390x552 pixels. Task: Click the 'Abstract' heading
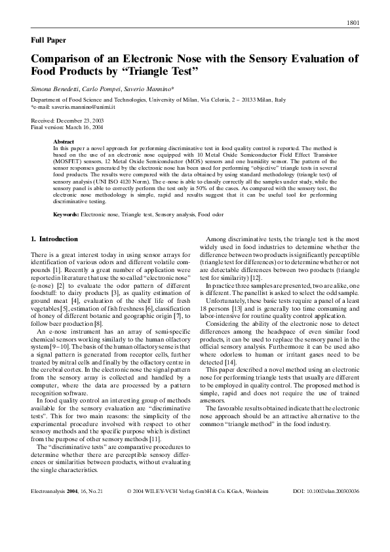point(64,142)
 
